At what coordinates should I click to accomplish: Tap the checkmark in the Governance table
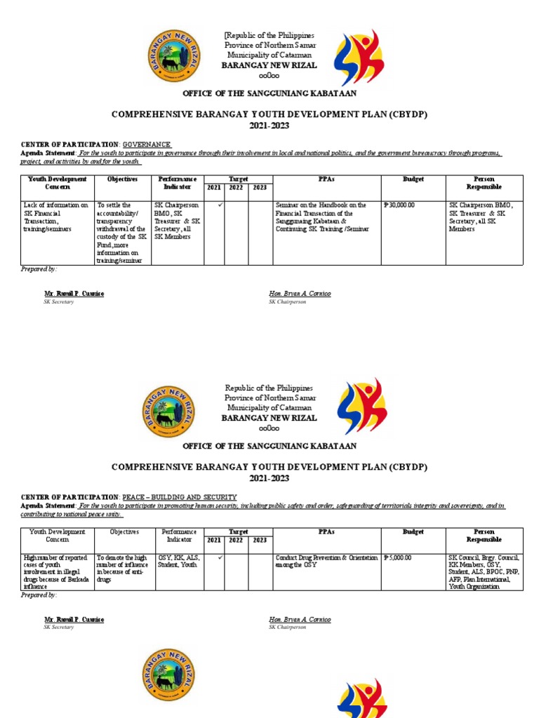coord(220,205)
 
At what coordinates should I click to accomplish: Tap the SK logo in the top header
coord(358,58)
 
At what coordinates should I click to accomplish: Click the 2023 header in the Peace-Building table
coord(260,540)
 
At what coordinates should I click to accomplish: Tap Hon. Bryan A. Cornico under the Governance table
coord(300,293)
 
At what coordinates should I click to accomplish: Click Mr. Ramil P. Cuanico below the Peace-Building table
coord(74,620)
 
